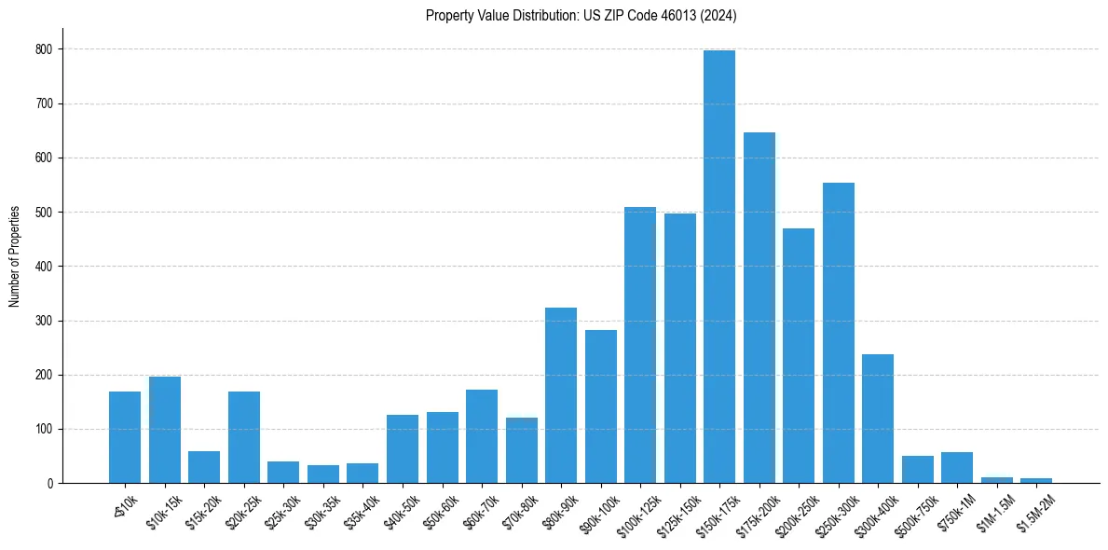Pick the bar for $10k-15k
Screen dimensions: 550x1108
[x=164, y=430]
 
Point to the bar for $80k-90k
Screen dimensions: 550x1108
[x=560, y=395]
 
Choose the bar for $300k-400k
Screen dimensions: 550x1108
[x=878, y=419]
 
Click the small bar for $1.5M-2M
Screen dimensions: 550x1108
[x=1036, y=480]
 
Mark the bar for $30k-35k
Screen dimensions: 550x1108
[x=322, y=474]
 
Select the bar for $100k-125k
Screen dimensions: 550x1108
[x=639, y=345]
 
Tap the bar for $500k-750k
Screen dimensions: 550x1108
[x=917, y=470]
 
